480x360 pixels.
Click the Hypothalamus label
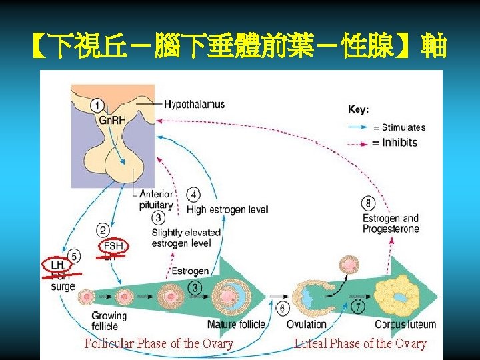tap(195, 105)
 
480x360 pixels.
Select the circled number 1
tap(97, 105)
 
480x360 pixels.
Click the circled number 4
tap(193, 195)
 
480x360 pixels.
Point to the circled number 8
tap(369, 203)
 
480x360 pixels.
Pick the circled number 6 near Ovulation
tap(282, 309)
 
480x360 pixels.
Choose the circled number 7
tap(358, 307)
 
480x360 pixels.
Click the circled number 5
tap(75, 256)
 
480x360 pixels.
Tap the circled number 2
tap(103, 231)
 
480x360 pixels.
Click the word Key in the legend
tap(358, 109)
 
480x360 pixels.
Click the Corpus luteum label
tap(405, 325)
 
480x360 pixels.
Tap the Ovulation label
tap(306, 325)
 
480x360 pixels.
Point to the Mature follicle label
tap(236, 325)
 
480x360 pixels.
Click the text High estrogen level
tap(227, 210)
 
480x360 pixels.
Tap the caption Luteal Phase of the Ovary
tap(360, 343)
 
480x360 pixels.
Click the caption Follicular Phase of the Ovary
tap(159, 343)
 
